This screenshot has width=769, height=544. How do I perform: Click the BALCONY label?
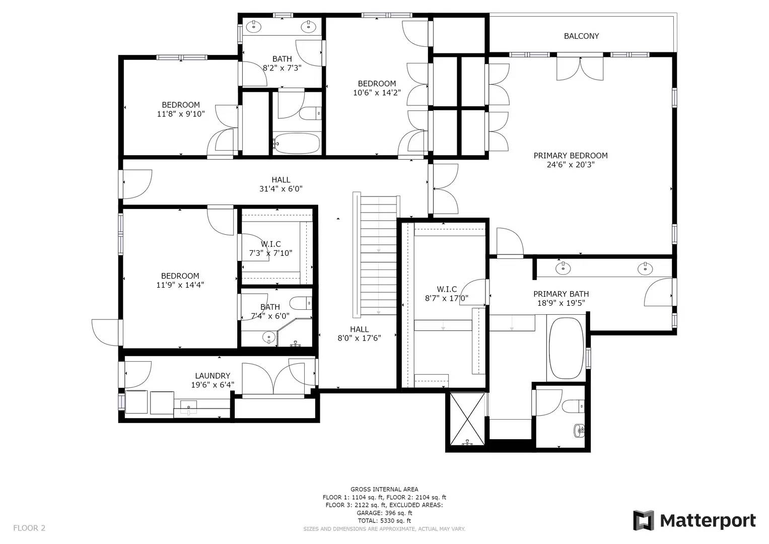pyautogui.click(x=581, y=36)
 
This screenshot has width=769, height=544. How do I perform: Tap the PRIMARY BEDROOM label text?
pyautogui.click(x=571, y=156)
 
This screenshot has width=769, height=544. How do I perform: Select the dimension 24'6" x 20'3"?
pyautogui.click(x=571, y=165)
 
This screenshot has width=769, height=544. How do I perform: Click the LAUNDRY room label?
pyautogui.click(x=213, y=376)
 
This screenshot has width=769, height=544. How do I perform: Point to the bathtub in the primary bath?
pyautogui.click(x=566, y=348)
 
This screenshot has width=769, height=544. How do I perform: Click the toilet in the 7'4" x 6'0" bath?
pyautogui.click(x=301, y=303)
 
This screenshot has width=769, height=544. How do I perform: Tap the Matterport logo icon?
pyautogui.click(x=643, y=520)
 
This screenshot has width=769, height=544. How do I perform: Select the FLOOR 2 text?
pyautogui.click(x=29, y=528)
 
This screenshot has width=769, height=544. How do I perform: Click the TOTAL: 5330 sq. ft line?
pyautogui.click(x=384, y=521)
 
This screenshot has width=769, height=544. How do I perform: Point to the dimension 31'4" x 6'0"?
pyautogui.click(x=281, y=189)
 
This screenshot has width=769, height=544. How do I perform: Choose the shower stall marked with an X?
pyautogui.click(x=466, y=418)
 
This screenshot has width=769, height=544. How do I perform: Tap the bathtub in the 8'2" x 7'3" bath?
pyautogui.click(x=296, y=144)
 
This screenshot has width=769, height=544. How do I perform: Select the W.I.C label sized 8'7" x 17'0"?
pyautogui.click(x=447, y=289)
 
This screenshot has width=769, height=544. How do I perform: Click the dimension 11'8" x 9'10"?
pyautogui.click(x=181, y=114)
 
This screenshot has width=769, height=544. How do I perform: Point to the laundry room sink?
pyautogui.click(x=188, y=407)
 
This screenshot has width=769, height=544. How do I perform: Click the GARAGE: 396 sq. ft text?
pyautogui.click(x=384, y=513)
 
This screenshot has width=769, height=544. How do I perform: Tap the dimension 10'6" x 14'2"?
pyautogui.click(x=377, y=93)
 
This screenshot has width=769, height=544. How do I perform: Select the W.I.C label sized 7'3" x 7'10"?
pyautogui.click(x=271, y=244)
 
